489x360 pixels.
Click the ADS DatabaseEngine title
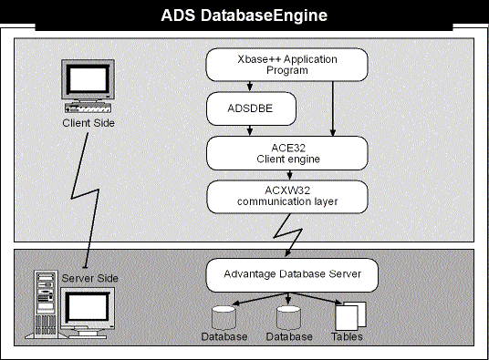[244, 15]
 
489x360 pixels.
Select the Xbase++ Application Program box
[286, 65]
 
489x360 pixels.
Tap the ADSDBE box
[251, 108]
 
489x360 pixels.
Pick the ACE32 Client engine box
[287, 153]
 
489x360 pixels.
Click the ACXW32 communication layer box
[287, 197]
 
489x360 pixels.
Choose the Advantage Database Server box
[292, 275]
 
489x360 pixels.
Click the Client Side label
[88, 123]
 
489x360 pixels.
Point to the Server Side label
[90, 278]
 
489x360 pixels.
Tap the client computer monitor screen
[88, 79]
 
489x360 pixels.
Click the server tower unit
[46, 303]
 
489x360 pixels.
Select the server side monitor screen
[88, 307]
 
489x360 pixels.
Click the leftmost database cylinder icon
[224, 318]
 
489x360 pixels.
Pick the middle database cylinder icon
[288, 318]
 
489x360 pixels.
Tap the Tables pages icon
[350, 315]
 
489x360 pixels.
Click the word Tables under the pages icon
[347, 336]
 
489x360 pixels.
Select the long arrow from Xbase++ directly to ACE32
[333, 108]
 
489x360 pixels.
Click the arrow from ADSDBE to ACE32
[249, 130]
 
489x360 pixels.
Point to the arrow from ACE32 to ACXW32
[289, 175]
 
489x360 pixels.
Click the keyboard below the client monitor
[88, 108]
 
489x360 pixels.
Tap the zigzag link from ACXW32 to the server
[287, 234]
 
